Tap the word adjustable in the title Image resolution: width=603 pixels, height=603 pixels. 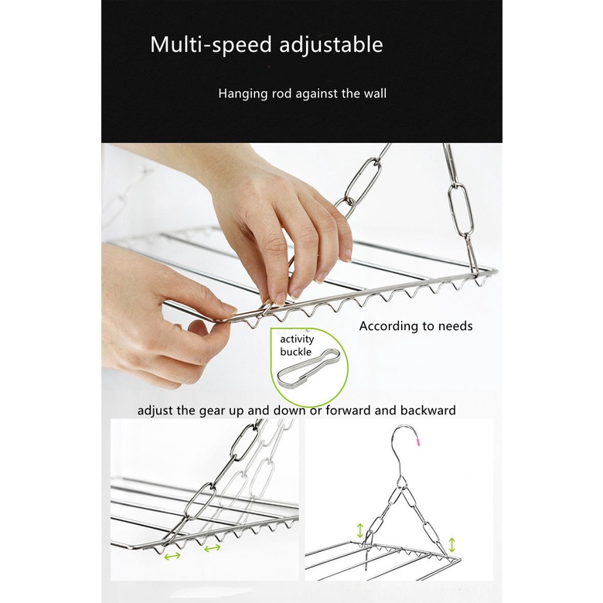(331, 45)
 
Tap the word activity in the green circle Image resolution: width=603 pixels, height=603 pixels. (297, 339)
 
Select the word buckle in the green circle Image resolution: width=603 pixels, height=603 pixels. (296, 352)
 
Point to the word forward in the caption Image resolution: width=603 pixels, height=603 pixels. (348, 411)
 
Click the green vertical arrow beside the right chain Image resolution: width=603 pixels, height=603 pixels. (452, 545)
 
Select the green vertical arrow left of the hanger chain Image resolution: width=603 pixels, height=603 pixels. (360, 530)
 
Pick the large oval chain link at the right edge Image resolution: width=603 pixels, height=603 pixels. (461, 210)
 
